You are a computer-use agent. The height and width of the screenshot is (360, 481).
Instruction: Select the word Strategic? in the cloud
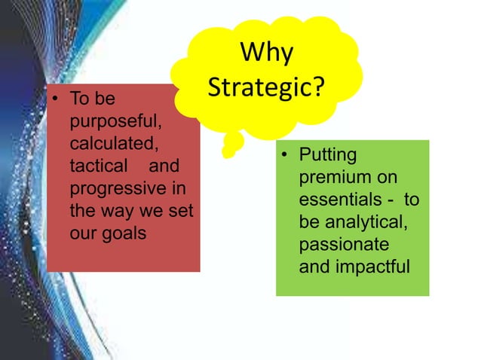[x=266, y=87]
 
